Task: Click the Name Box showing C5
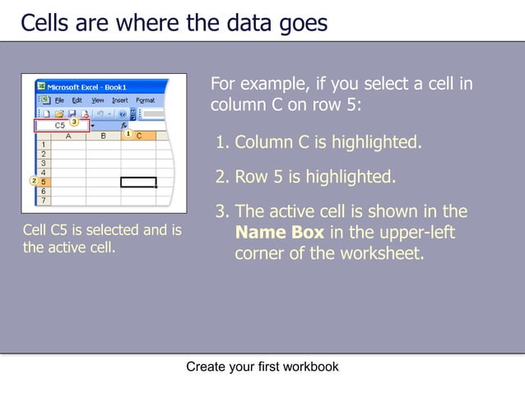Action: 60,126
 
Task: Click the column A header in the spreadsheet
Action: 66,136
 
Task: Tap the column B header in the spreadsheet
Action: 103,136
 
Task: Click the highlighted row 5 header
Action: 43,181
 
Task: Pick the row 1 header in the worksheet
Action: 43,145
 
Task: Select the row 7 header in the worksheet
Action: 43,199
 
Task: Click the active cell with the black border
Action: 137,182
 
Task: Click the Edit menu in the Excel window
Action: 77,100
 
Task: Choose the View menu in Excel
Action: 98,100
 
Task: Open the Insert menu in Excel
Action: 120,100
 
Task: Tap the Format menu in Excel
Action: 146,100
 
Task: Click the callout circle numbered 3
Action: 74,122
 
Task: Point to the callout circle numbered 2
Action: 33,181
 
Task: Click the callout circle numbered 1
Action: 128,133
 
